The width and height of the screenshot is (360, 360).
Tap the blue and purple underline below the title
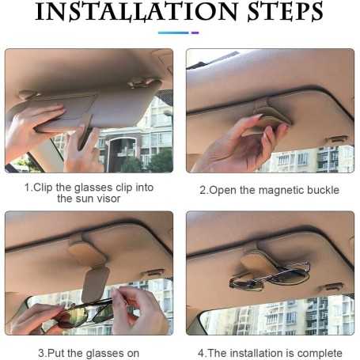pyautogui.click(x=179, y=32)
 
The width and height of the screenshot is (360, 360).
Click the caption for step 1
pyautogui.click(x=88, y=192)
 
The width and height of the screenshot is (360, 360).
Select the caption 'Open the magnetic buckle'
pyautogui.click(x=269, y=190)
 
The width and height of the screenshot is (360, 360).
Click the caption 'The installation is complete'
pyautogui.click(x=269, y=353)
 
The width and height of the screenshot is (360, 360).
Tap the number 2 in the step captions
pyautogui.click(x=203, y=190)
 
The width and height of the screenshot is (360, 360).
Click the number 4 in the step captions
pyautogui.click(x=200, y=353)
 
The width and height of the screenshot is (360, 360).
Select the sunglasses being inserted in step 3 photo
pyautogui.click(x=83, y=312)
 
